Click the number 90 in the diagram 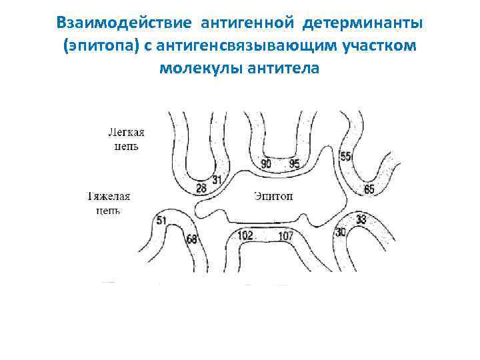tap(266, 164)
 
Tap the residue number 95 tap(294, 164)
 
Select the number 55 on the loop tap(345, 157)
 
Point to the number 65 tap(369, 189)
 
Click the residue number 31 tap(217, 179)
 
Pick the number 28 tap(201, 189)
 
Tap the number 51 tap(161, 220)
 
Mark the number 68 tap(191, 239)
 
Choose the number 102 tap(245, 235)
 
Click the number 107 tap(285, 235)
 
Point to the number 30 tap(340, 231)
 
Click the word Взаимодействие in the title tap(125, 24)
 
